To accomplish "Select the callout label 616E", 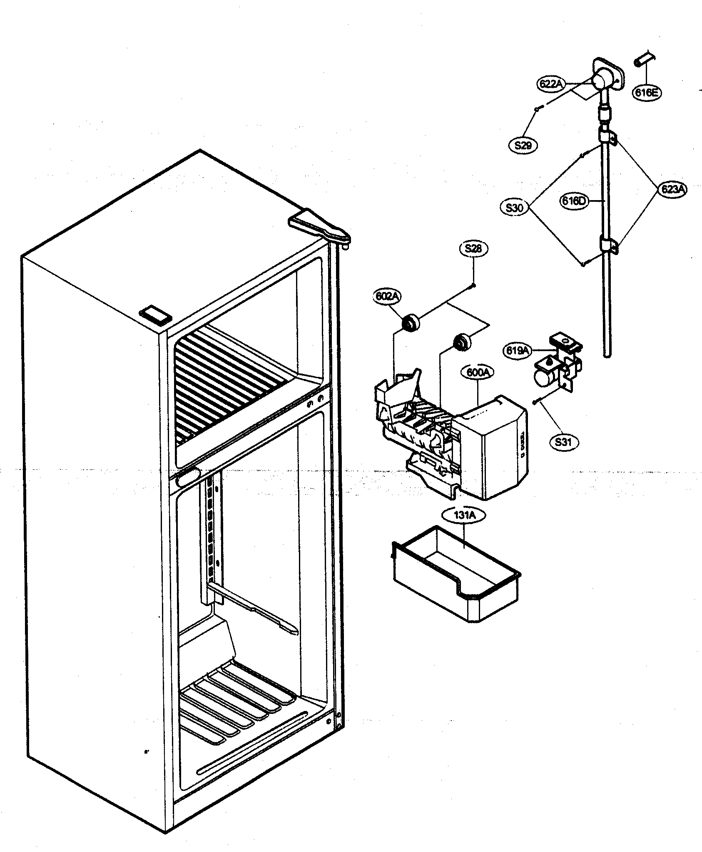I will pos(646,92).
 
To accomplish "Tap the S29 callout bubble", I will pos(523,145).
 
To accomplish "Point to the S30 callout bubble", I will pos(515,207).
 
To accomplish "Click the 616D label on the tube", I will pos(573,201).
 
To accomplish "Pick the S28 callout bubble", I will pos(473,249).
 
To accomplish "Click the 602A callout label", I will pos(387,297).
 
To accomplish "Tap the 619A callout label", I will pos(517,350).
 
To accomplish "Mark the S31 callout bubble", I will pos(563,442).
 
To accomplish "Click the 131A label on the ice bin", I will pos(464,515).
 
